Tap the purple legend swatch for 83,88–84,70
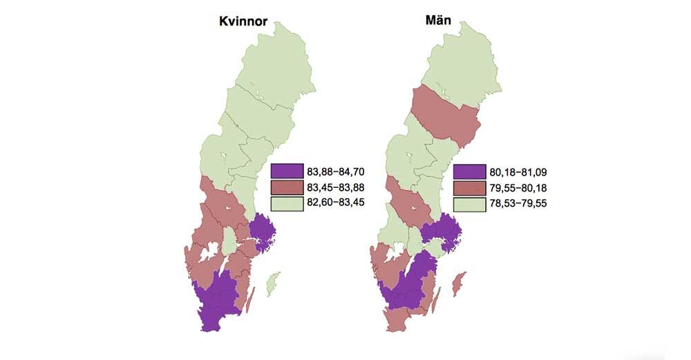[283, 171]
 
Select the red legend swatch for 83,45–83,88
[283, 187]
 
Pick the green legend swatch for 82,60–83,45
[283, 203]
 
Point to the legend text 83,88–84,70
[329, 171]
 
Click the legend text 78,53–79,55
[512, 204]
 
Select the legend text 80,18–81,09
[512, 172]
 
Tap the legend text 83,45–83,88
[329, 187]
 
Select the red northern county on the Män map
[446, 117]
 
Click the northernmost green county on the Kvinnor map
[276, 62]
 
